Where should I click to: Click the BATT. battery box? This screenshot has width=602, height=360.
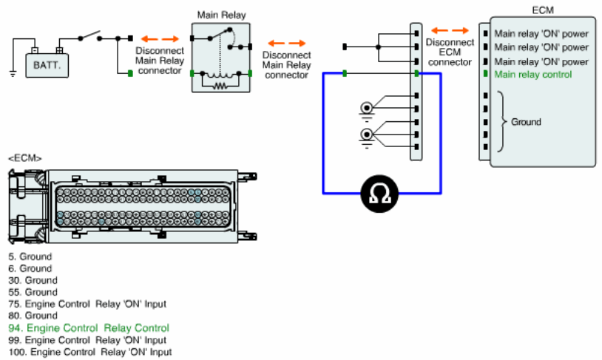pyautogui.click(x=47, y=65)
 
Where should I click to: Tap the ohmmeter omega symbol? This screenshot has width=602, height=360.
pyautogui.click(x=379, y=194)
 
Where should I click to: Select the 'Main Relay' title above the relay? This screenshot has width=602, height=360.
pyautogui.click(x=222, y=15)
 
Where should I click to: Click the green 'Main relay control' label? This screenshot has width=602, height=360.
pyautogui.click(x=533, y=75)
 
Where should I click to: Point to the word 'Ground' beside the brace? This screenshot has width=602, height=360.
pyautogui.click(x=526, y=122)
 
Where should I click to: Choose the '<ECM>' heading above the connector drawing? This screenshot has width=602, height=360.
pyautogui.click(x=25, y=158)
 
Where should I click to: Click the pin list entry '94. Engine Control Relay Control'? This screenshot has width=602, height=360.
pyautogui.click(x=89, y=328)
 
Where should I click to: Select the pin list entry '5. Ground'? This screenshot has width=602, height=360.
pyautogui.click(x=30, y=257)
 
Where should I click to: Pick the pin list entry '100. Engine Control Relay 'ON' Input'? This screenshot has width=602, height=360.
pyautogui.click(x=90, y=352)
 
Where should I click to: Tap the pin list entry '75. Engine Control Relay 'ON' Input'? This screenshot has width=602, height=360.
pyautogui.click(x=87, y=304)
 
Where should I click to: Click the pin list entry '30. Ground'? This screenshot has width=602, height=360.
pyautogui.click(x=33, y=280)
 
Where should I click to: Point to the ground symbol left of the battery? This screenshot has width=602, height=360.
pyautogui.click(x=13, y=74)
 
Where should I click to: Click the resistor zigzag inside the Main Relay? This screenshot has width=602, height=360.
pyautogui.click(x=220, y=86)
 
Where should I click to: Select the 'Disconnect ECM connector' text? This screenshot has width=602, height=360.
pyautogui.click(x=450, y=52)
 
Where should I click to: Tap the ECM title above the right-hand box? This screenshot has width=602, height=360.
pyautogui.click(x=543, y=10)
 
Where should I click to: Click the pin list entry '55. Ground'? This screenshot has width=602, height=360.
pyautogui.click(x=33, y=292)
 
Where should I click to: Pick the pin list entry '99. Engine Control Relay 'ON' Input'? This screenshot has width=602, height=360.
pyautogui.click(x=87, y=340)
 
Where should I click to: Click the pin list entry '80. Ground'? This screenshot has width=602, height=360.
pyautogui.click(x=33, y=316)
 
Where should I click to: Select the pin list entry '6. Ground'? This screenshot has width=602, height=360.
pyautogui.click(x=30, y=268)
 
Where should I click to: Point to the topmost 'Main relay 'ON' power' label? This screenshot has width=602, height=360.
pyautogui.click(x=541, y=34)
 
